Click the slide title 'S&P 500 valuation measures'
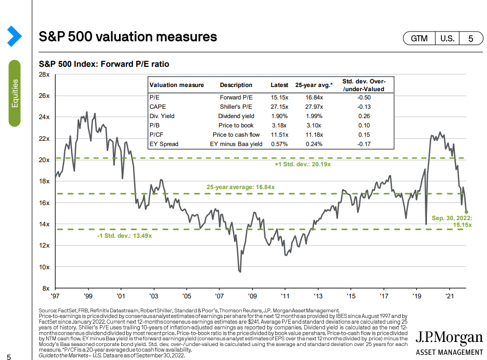click(128, 37)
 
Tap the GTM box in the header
click(419, 38)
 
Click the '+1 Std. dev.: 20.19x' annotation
click(302, 164)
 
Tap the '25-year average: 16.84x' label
click(240, 187)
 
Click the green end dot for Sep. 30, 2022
click(466, 211)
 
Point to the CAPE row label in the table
click(157, 107)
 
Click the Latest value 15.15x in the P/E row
click(279, 97)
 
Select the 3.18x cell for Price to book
click(279, 125)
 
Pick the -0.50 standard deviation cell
click(364, 97)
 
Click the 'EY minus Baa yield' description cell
click(236, 144)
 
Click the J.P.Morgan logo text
click(449, 338)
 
